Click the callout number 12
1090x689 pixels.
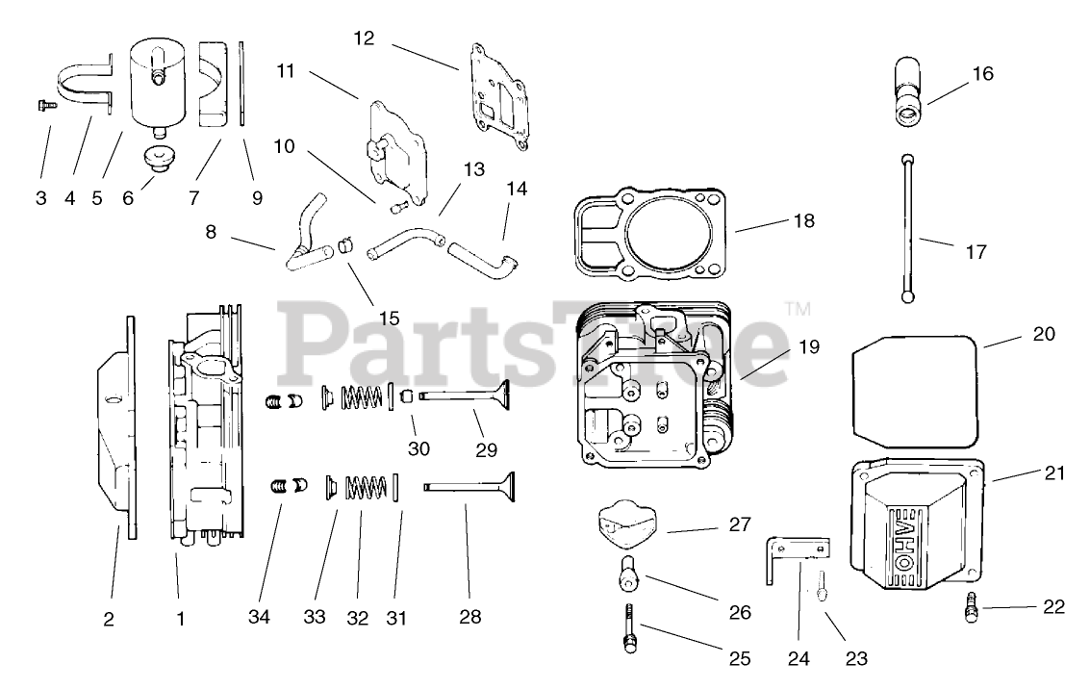[364, 38]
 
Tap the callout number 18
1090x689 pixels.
[803, 221]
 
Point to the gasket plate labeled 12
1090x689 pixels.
[500, 95]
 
